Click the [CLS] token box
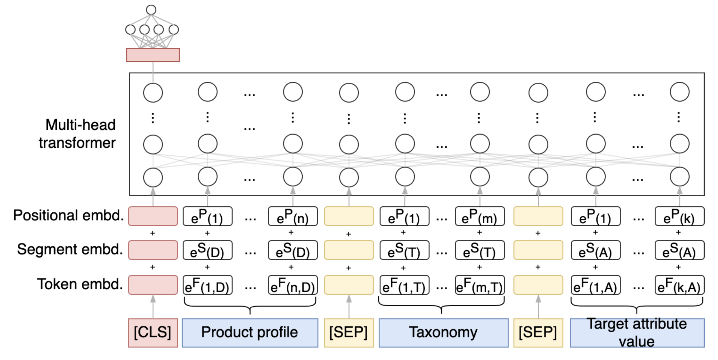153,333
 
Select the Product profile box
250,333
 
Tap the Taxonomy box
443,333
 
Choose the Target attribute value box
637,333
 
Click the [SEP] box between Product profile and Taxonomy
349,333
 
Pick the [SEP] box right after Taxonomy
538,333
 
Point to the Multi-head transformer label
77,134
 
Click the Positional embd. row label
69,215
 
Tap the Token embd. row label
80,284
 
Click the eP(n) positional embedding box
293,216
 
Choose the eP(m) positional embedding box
480,216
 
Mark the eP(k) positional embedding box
679,216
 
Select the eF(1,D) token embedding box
207,285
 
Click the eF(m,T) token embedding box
480,285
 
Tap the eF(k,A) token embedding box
679,285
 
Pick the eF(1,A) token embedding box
595,285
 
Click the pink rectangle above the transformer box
153,55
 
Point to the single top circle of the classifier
151,10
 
